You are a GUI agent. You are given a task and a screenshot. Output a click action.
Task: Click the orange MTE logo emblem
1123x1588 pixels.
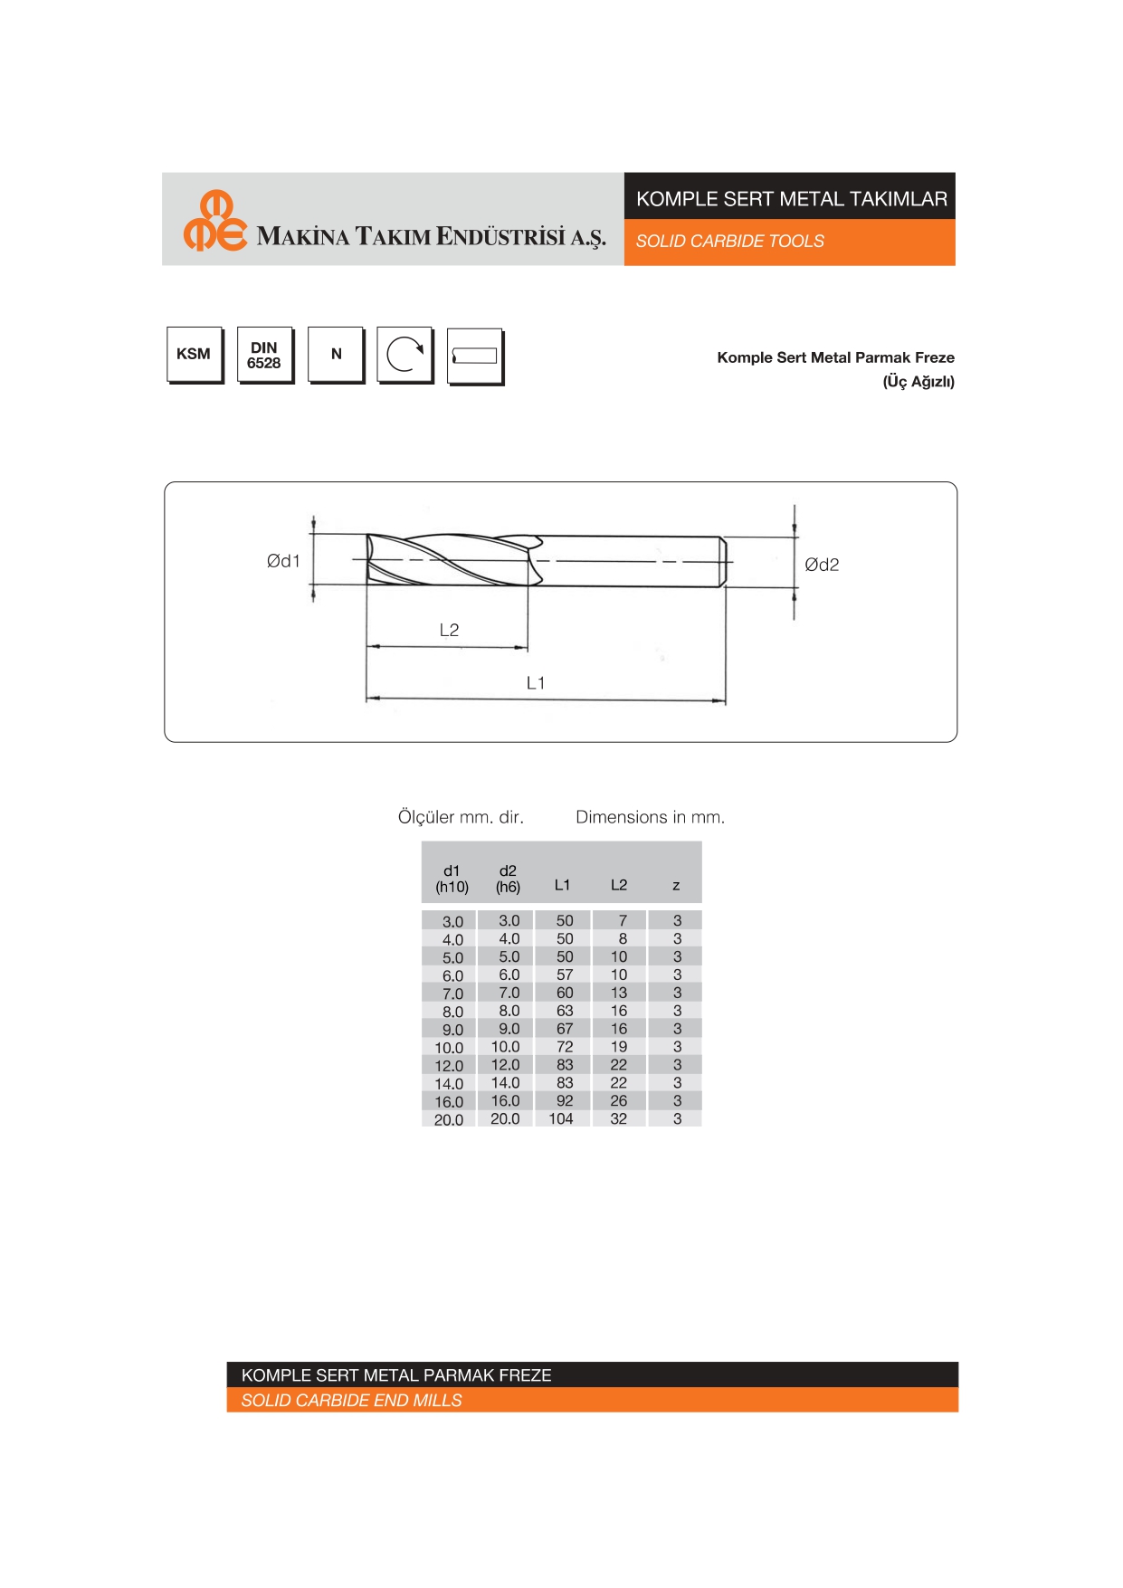tap(214, 221)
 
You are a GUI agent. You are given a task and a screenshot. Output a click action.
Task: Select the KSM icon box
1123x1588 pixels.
tap(194, 354)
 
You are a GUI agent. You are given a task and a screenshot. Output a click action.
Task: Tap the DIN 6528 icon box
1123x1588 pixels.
tap(264, 355)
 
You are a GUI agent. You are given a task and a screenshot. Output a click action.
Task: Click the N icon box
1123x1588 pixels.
tap(336, 354)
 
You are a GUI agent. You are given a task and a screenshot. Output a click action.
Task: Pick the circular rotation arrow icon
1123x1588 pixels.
tap(404, 354)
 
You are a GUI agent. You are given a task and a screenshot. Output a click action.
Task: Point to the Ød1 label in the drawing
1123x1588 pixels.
tap(283, 561)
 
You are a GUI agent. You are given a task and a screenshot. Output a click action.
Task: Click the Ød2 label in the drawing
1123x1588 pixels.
tap(822, 565)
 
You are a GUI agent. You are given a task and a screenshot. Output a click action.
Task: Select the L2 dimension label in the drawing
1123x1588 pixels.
tap(449, 630)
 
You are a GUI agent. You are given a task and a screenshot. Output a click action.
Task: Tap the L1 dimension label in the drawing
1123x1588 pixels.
tap(536, 683)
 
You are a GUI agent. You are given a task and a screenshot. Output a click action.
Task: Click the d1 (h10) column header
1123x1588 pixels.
tap(452, 879)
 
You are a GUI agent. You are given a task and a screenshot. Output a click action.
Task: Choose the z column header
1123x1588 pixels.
tap(676, 885)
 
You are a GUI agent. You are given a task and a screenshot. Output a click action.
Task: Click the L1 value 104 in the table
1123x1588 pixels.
tap(561, 1119)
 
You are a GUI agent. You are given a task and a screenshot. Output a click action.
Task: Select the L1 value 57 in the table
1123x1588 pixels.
tap(565, 975)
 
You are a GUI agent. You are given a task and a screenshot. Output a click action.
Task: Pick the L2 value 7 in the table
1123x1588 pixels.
tap(622, 920)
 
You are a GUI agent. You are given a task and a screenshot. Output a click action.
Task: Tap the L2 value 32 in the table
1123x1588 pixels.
tap(619, 1119)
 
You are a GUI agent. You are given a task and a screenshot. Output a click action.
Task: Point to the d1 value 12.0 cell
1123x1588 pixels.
tap(449, 1066)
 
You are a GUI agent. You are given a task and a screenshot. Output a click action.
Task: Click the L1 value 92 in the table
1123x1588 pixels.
tap(565, 1101)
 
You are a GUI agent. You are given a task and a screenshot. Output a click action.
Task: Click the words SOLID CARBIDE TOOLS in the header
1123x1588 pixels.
tap(729, 241)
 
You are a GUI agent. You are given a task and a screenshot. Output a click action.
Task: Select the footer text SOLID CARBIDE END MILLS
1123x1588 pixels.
tap(351, 1401)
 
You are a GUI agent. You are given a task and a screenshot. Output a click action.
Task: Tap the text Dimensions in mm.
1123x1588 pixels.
tap(650, 817)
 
